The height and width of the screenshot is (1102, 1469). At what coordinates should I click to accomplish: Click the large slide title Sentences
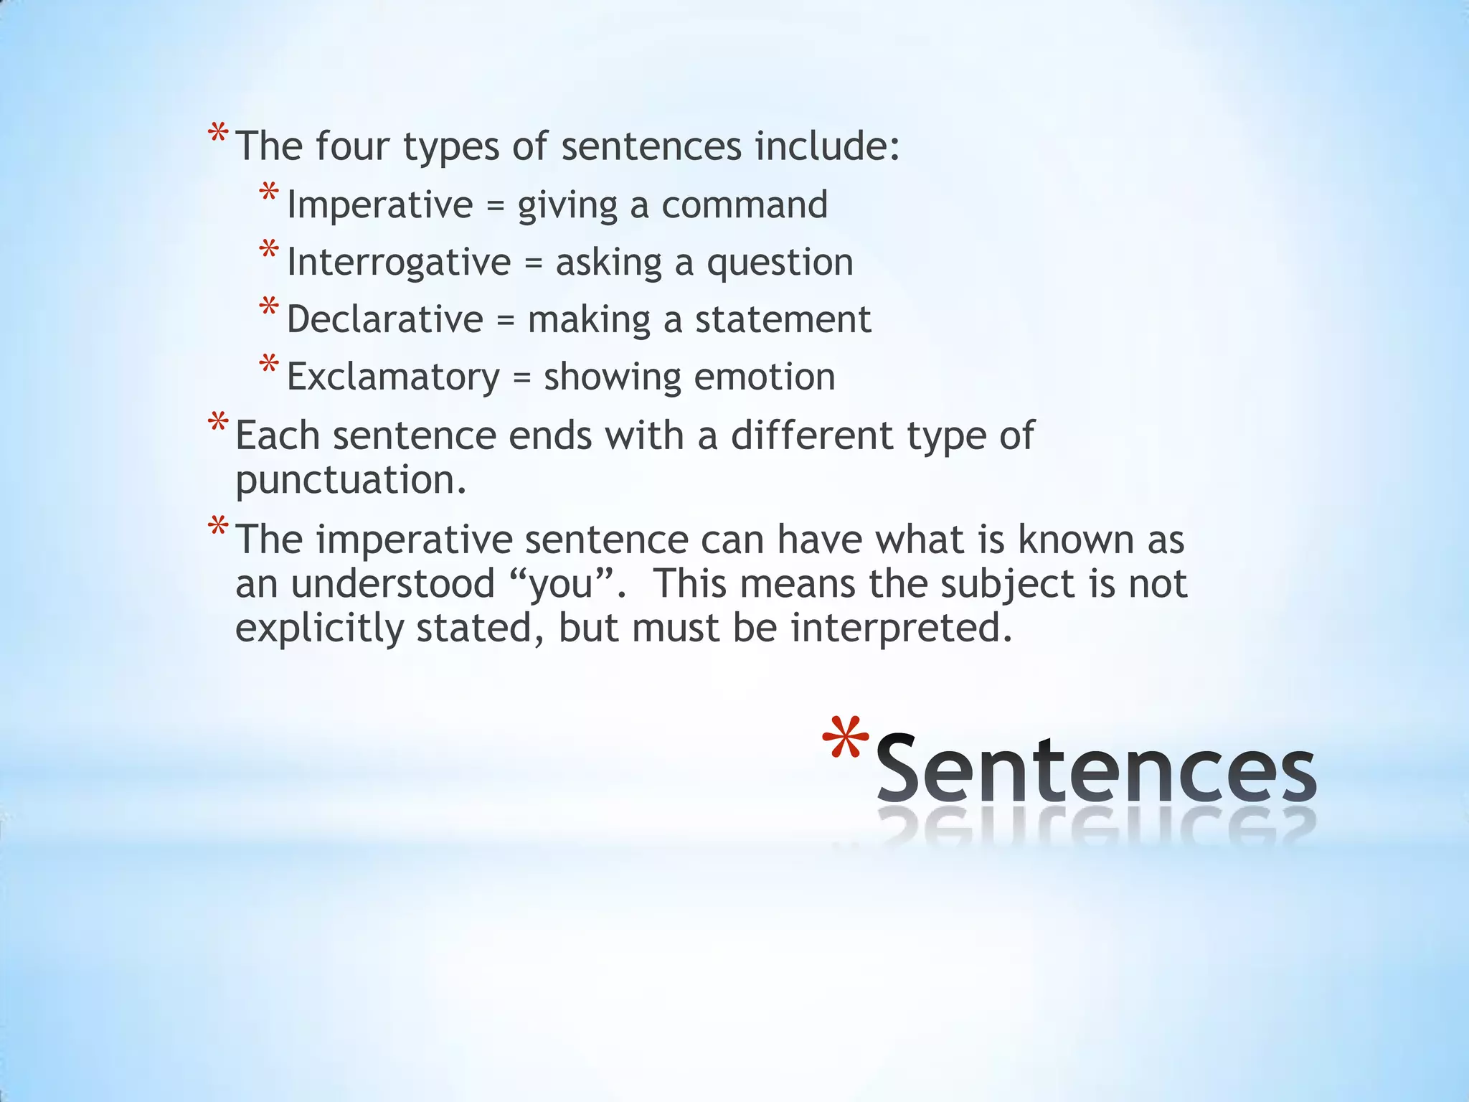[1095, 769]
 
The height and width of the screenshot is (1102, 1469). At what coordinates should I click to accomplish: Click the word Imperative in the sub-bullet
[379, 204]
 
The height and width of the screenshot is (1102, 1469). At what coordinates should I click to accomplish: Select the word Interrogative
[398, 262]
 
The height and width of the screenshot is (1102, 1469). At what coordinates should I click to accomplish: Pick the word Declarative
[385, 319]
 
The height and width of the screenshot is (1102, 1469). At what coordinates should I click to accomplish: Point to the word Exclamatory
[393, 377]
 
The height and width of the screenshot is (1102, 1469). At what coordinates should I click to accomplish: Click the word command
[744, 204]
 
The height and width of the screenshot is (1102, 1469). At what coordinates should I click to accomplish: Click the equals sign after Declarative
[506, 320]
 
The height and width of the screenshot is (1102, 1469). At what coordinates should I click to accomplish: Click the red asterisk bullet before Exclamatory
[269, 364]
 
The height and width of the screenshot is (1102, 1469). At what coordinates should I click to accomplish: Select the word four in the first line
[351, 146]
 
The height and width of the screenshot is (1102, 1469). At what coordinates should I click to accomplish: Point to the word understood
[392, 583]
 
